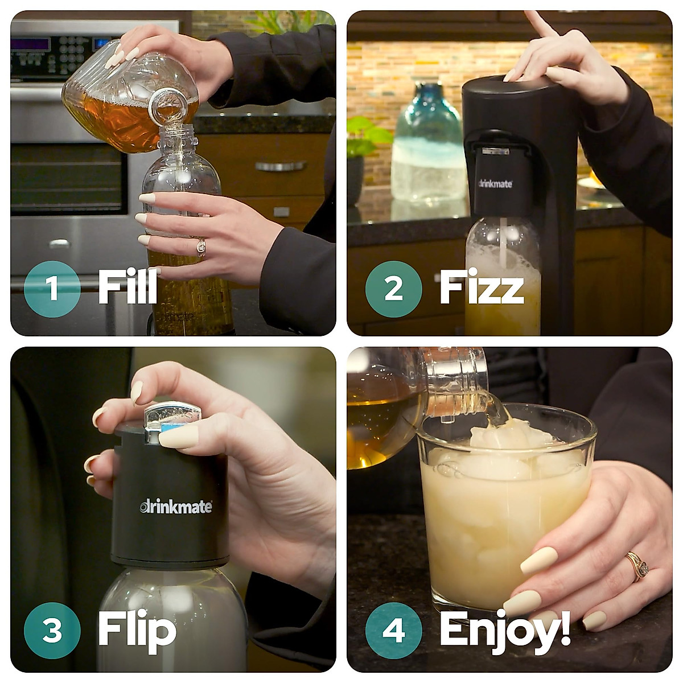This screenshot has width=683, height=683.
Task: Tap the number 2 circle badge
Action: (393, 289)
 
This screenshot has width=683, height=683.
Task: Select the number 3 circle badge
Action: (52, 630)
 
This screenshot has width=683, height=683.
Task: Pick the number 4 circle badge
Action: (393, 630)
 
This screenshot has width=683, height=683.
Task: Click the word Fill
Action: (127, 287)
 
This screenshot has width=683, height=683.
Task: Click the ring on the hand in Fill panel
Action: (201, 246)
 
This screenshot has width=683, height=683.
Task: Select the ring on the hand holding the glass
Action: (636, 565)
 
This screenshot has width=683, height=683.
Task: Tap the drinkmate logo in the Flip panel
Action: (176, 506)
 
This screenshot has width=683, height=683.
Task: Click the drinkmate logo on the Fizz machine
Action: (495, 184)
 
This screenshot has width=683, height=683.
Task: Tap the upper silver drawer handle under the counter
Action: (281, 166)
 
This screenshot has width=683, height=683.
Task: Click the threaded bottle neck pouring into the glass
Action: (455, 381)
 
